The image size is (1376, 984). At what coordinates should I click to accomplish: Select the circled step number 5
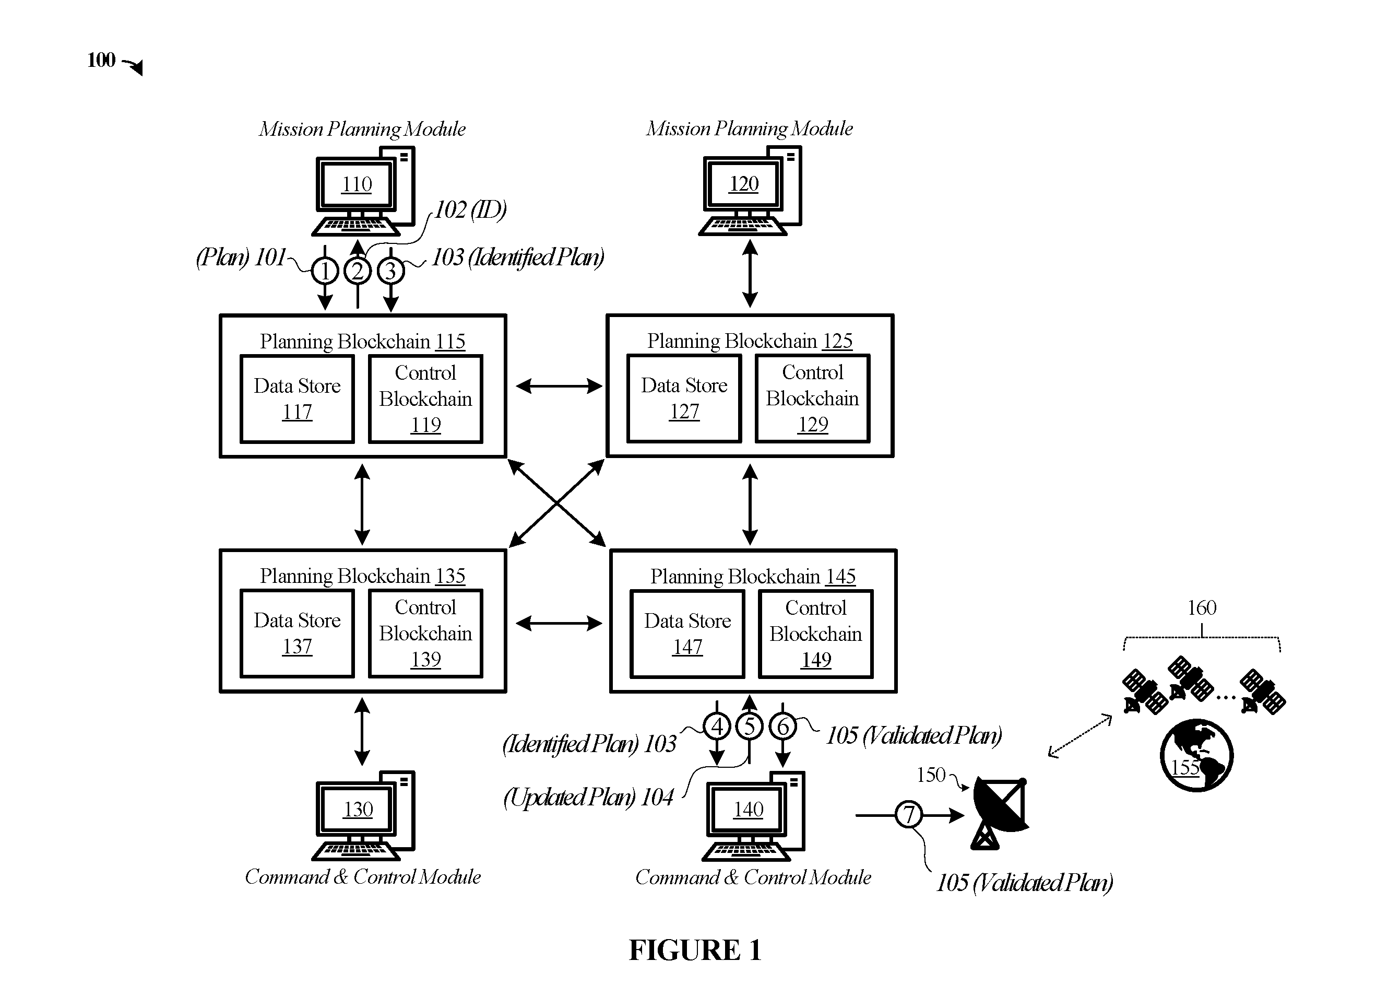point(750,726)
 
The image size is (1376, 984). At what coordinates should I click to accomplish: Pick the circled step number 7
point(908,814)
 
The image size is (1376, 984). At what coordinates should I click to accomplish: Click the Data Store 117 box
point(298,399)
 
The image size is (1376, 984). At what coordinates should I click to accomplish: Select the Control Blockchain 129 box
point(813,398)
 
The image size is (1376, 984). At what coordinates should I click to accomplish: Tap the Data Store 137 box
point(298,633)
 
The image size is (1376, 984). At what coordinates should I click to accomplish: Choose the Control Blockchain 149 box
point(816,634)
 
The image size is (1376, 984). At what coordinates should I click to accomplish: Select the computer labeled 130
point(363,815)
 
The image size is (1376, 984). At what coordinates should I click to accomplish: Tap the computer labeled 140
point(753,815)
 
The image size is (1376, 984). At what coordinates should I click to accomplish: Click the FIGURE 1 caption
point(695,950)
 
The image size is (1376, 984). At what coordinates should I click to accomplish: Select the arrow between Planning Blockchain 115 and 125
point(559,386)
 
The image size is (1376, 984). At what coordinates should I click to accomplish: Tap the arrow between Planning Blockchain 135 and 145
point(559,623)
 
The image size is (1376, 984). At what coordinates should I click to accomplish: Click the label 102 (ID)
point(470,209)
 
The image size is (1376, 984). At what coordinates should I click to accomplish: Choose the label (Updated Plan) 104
point(588,797)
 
